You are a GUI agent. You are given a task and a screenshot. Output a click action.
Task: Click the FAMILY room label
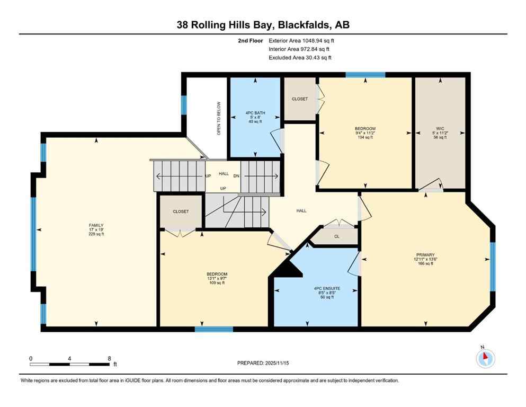pyautogui.click(x=96, y=225)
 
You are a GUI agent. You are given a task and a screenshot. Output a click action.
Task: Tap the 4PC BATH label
pyautogui.click(x=254, y=112)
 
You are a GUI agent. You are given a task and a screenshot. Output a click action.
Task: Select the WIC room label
pyautogui.click(x=440, y=128)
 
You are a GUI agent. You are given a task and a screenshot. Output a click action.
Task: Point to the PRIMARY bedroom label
pyautogui.click(x=425, y=259)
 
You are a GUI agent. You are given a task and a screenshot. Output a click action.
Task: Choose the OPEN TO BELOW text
pyautogui.click(x=218, y=118)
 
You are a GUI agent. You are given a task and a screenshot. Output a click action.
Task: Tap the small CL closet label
pyautogui.click(x=336, y=237)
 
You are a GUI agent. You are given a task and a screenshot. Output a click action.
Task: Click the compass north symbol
pyautogui.click(x=485, y=359)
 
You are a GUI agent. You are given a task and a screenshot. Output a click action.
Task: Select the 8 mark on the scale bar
pyautogui.click(x=109, y=358)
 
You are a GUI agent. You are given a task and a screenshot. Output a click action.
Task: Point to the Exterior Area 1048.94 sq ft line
pyautogui.click(x=301, y=40)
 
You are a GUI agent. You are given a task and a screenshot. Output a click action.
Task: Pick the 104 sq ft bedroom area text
pyautogui.click(x=365, y=137)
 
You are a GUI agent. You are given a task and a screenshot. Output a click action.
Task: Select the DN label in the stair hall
pyautogui.click(x=236, y=175)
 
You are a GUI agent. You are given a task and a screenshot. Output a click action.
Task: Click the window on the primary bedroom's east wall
pyautogui.click(x=492, y=267)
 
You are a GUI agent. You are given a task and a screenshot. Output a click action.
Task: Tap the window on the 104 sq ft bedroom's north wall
pyautogui.click(x=365, y=75)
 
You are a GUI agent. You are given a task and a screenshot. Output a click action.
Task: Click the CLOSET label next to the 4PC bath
pyautogui.click(x=300, y=99)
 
